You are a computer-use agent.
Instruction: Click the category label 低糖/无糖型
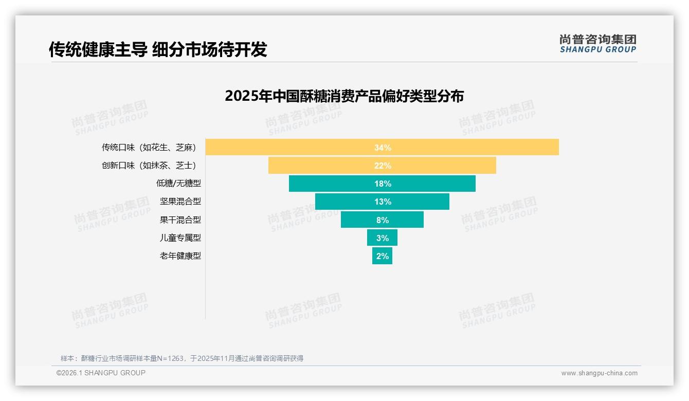[178, 183]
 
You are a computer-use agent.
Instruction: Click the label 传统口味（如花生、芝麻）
[149, 147]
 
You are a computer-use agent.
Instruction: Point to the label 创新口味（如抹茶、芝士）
[149, 165]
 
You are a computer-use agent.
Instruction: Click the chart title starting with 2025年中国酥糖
[344, 96]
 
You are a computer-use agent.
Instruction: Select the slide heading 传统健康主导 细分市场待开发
[158, 49]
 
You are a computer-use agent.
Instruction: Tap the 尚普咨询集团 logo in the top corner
[597, 44]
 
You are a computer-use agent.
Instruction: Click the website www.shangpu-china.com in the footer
[599, 373]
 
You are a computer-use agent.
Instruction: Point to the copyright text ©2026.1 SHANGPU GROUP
[101, 373]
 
